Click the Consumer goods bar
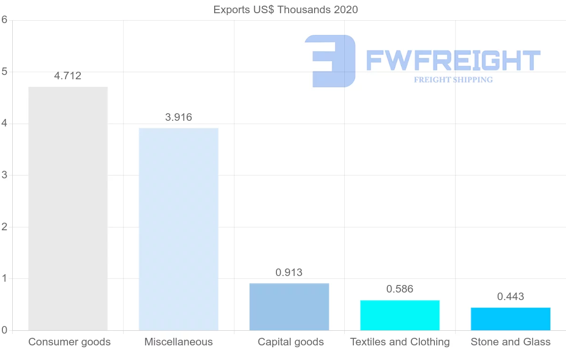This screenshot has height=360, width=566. pyautogui.click(x=68, y=209)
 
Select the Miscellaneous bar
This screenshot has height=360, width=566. pyautogui.click(x=178, y=229)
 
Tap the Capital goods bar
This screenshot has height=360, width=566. pyautogui.click(x=289, y=307)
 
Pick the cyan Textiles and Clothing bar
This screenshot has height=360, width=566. pyautogui.click(x=400, y=315)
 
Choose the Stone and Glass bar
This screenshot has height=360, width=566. pyautogui.click(x=510, y=319)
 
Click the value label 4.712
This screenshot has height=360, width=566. pyautogui.click(x=68, y=76)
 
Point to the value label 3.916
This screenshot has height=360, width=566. pyautogui.click(x=179, y=117)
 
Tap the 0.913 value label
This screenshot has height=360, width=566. pyautogui.click(x=289, y=273)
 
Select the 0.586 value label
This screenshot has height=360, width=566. pyautogui.click(x=400, y=289)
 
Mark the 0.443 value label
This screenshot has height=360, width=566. pyautogui.click(x=510, y=297)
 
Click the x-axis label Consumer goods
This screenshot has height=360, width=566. pyautogui.click(x=69, y=342)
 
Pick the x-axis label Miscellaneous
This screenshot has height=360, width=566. pyautogui.click(x=179, y=342)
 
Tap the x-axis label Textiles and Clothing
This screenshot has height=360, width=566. pyautogui.click(x=400, y=342)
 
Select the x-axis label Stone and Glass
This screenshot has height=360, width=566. pyautogui.click(x=510, y=342)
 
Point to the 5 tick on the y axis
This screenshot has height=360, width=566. pyautogui.click(x=5, y=72)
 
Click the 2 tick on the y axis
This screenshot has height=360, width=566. pyautogui.click(x=5, y=227)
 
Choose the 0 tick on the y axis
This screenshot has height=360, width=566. pyautogui.click(x=5, y=330)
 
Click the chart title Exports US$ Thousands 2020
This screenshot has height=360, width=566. pyautogui.click(x=285, y=10)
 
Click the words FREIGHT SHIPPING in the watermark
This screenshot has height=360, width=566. pyautogui.click(x=453, y=80)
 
